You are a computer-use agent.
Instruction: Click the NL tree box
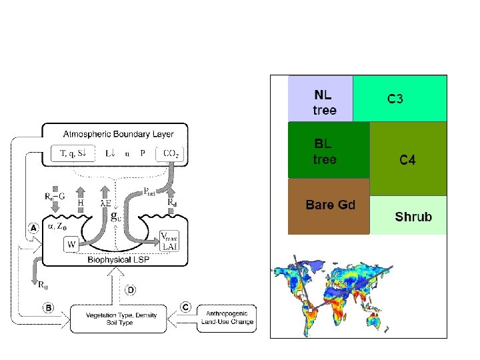pyautogui.click(x=320, y=99)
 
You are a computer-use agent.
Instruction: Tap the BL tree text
pyautogui.click(x=325, y=151)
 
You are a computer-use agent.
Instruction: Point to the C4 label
pyautogui.click(x=407, y=160)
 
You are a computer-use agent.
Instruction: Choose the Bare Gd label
pyautogui.click(x=330, y=205)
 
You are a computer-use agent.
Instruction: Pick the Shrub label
pyautogui.click(x=413, y=216)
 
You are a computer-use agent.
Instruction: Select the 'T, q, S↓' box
pyautogui.click(x=73, y=153)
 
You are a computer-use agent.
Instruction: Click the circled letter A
pyautogui.click(x=33, y=227)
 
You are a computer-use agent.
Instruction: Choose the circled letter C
pyautogui.click(x=186, y=307)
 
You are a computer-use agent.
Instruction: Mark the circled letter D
pyautogui.click(x=131, y=290)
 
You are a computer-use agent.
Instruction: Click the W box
pyautogui.click(x=72, y=245)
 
